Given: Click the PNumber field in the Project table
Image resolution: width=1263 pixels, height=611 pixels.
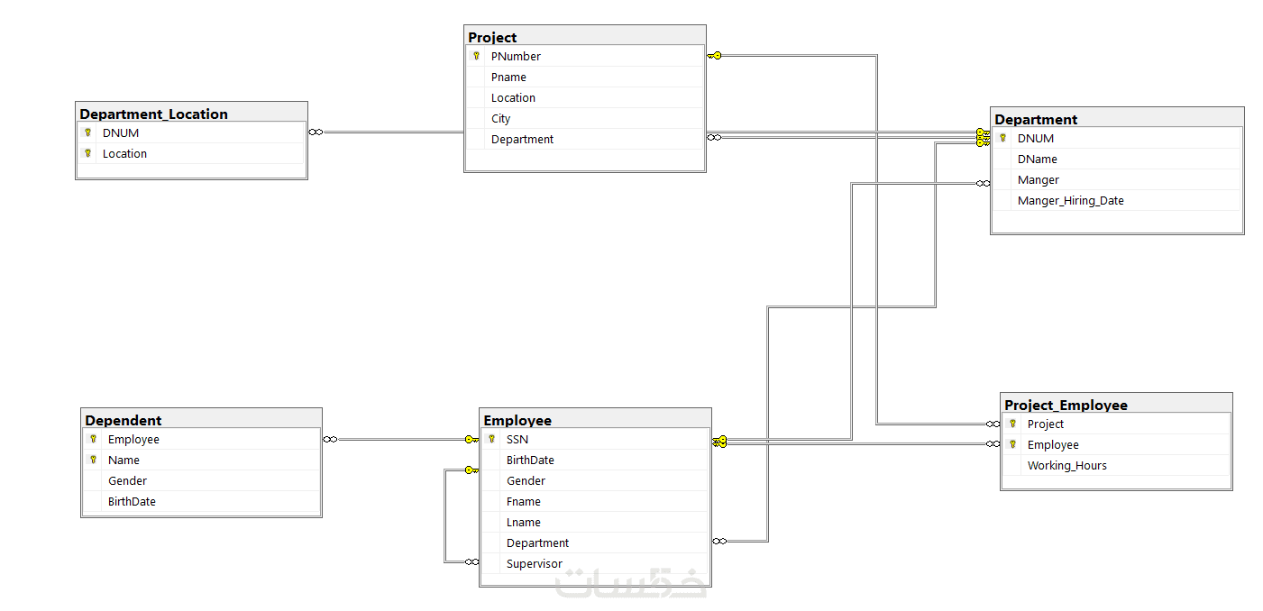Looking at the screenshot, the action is click(x=516, y=57).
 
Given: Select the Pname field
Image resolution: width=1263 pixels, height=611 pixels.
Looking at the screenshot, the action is click(x=508, y=78).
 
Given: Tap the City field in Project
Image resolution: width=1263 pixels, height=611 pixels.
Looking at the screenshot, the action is click(x=500, y=119).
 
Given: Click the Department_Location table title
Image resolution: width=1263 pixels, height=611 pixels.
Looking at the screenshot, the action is click(x=153, y=114).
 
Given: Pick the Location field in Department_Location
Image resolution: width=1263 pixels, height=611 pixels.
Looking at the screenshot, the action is click(x=124, y=154).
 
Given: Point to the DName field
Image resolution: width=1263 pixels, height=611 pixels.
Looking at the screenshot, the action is click(x=1037, y=160).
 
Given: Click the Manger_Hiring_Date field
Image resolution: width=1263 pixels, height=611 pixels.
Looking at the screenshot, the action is click(x=1070, y=201).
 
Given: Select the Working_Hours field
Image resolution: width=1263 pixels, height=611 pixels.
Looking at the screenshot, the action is click(x=1066, y=466).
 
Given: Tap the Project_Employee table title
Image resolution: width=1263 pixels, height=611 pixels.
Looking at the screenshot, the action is click(x=1066, y=406).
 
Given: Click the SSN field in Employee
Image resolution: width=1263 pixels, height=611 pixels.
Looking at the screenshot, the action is click(x=517, y=440).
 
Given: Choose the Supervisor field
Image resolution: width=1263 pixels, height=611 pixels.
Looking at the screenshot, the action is click(x=534, y=563).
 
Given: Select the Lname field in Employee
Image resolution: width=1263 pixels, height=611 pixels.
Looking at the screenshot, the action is click(x=523, y=523).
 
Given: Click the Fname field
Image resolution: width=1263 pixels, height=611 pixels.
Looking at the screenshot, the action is click(x=523, y=502).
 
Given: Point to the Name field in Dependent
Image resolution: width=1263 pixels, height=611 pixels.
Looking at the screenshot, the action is click(x=124, y=461).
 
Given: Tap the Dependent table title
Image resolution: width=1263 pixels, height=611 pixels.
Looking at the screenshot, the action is click(x=123, y=421).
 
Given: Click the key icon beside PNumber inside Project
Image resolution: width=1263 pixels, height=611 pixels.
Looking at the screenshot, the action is click(x=477, y=56).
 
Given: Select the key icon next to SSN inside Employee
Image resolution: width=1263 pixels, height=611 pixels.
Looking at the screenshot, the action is click(x=491, y=439).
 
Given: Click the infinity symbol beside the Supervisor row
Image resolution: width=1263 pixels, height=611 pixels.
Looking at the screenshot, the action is click(x=471, y=562).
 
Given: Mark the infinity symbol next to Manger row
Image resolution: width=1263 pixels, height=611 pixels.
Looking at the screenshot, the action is click(x=983, y=183).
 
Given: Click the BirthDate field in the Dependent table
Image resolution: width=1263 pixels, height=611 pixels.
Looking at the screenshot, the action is click(x=132, y=502).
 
